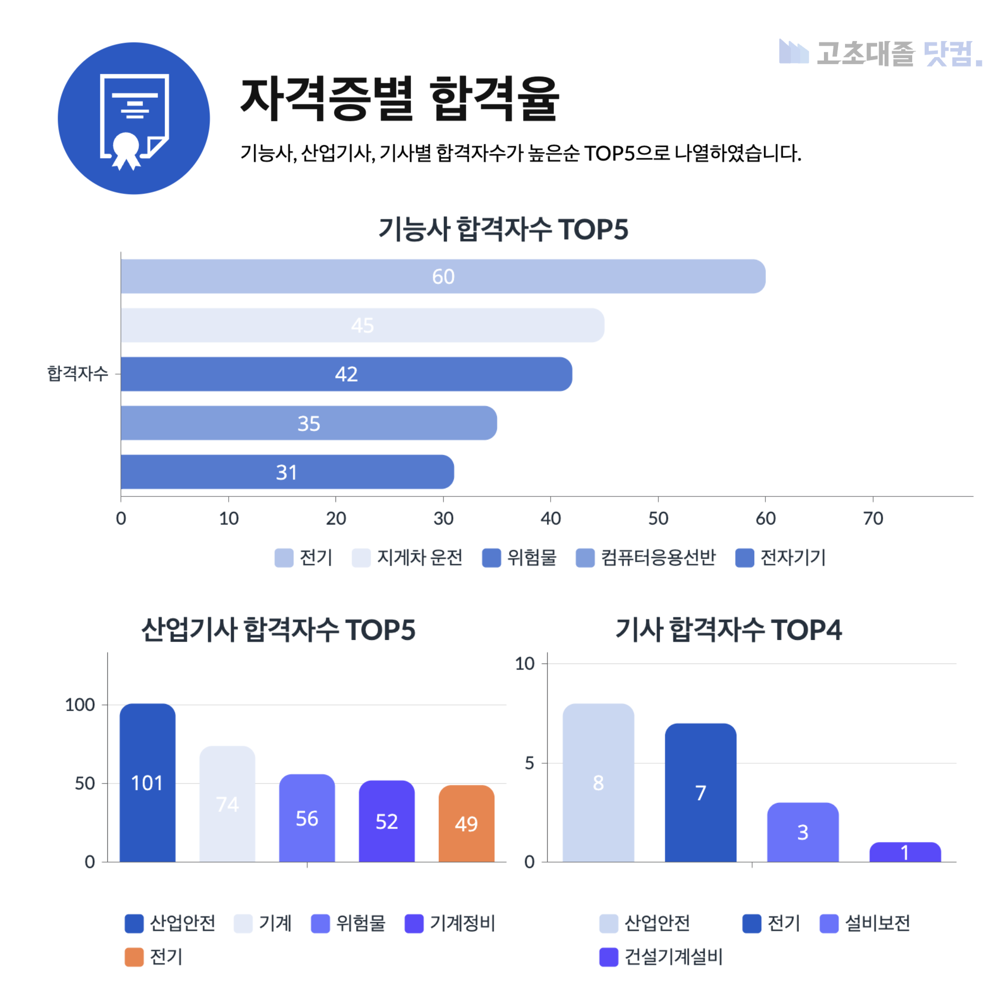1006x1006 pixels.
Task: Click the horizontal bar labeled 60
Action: click(x=443, y=276)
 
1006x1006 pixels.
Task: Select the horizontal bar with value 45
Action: click(x=363, y=325)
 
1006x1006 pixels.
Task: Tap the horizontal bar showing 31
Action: click(x=287, y=472)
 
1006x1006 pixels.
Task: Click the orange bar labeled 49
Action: click(x=466, y=824)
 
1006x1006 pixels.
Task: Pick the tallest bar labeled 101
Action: click(x=147, y=783)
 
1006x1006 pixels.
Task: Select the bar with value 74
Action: click(x=227, y=804)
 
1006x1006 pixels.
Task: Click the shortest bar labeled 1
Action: click(x=905, y=853)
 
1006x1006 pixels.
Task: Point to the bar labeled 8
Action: click(x=598, y=783)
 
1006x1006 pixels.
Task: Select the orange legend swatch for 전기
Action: click(x=134, y=956)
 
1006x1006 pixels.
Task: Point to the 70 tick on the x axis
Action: click(x=873, y=518)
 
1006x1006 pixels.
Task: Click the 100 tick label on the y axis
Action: click(x=80, y=705)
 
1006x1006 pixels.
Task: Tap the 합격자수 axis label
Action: click(x=78, y=373)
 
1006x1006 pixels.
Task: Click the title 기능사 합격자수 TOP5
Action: click(x=503, y=229)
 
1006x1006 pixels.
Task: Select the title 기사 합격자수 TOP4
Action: click(x=728, y=629)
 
